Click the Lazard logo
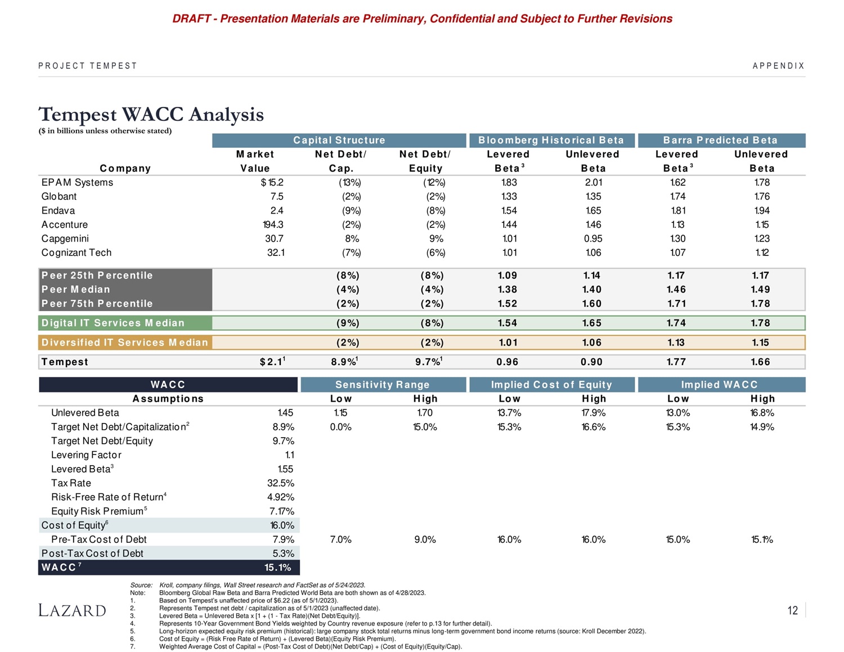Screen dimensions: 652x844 tap(72, 610)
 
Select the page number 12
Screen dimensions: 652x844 tap(792, 611)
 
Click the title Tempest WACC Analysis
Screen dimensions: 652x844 tap(151, 114)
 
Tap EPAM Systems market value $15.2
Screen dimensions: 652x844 tap(272, 182)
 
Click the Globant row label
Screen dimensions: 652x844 tap(59, 196)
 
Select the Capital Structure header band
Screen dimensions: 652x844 tap(339, 140)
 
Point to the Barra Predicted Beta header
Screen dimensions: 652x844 tap(720, 140)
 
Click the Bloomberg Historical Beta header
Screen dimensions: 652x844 tap(551, 140)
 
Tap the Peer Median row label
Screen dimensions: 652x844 tap(76, 289)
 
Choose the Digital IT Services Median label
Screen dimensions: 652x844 tap(113, 323)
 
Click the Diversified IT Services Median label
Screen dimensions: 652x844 tap(125, 342)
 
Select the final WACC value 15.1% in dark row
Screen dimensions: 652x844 tap(278, 568)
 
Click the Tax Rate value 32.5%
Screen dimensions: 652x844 tap(281, 483)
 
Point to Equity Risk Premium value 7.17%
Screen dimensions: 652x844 tap(282, 511)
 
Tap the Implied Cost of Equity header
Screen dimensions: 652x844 tap(551, 385)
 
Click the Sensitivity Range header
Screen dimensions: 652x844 tap(383, 385)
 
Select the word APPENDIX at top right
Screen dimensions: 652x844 tap(779, 66)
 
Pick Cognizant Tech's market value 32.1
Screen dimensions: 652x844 tap(276, 253)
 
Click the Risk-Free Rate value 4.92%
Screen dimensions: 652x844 tap(281, 497)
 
